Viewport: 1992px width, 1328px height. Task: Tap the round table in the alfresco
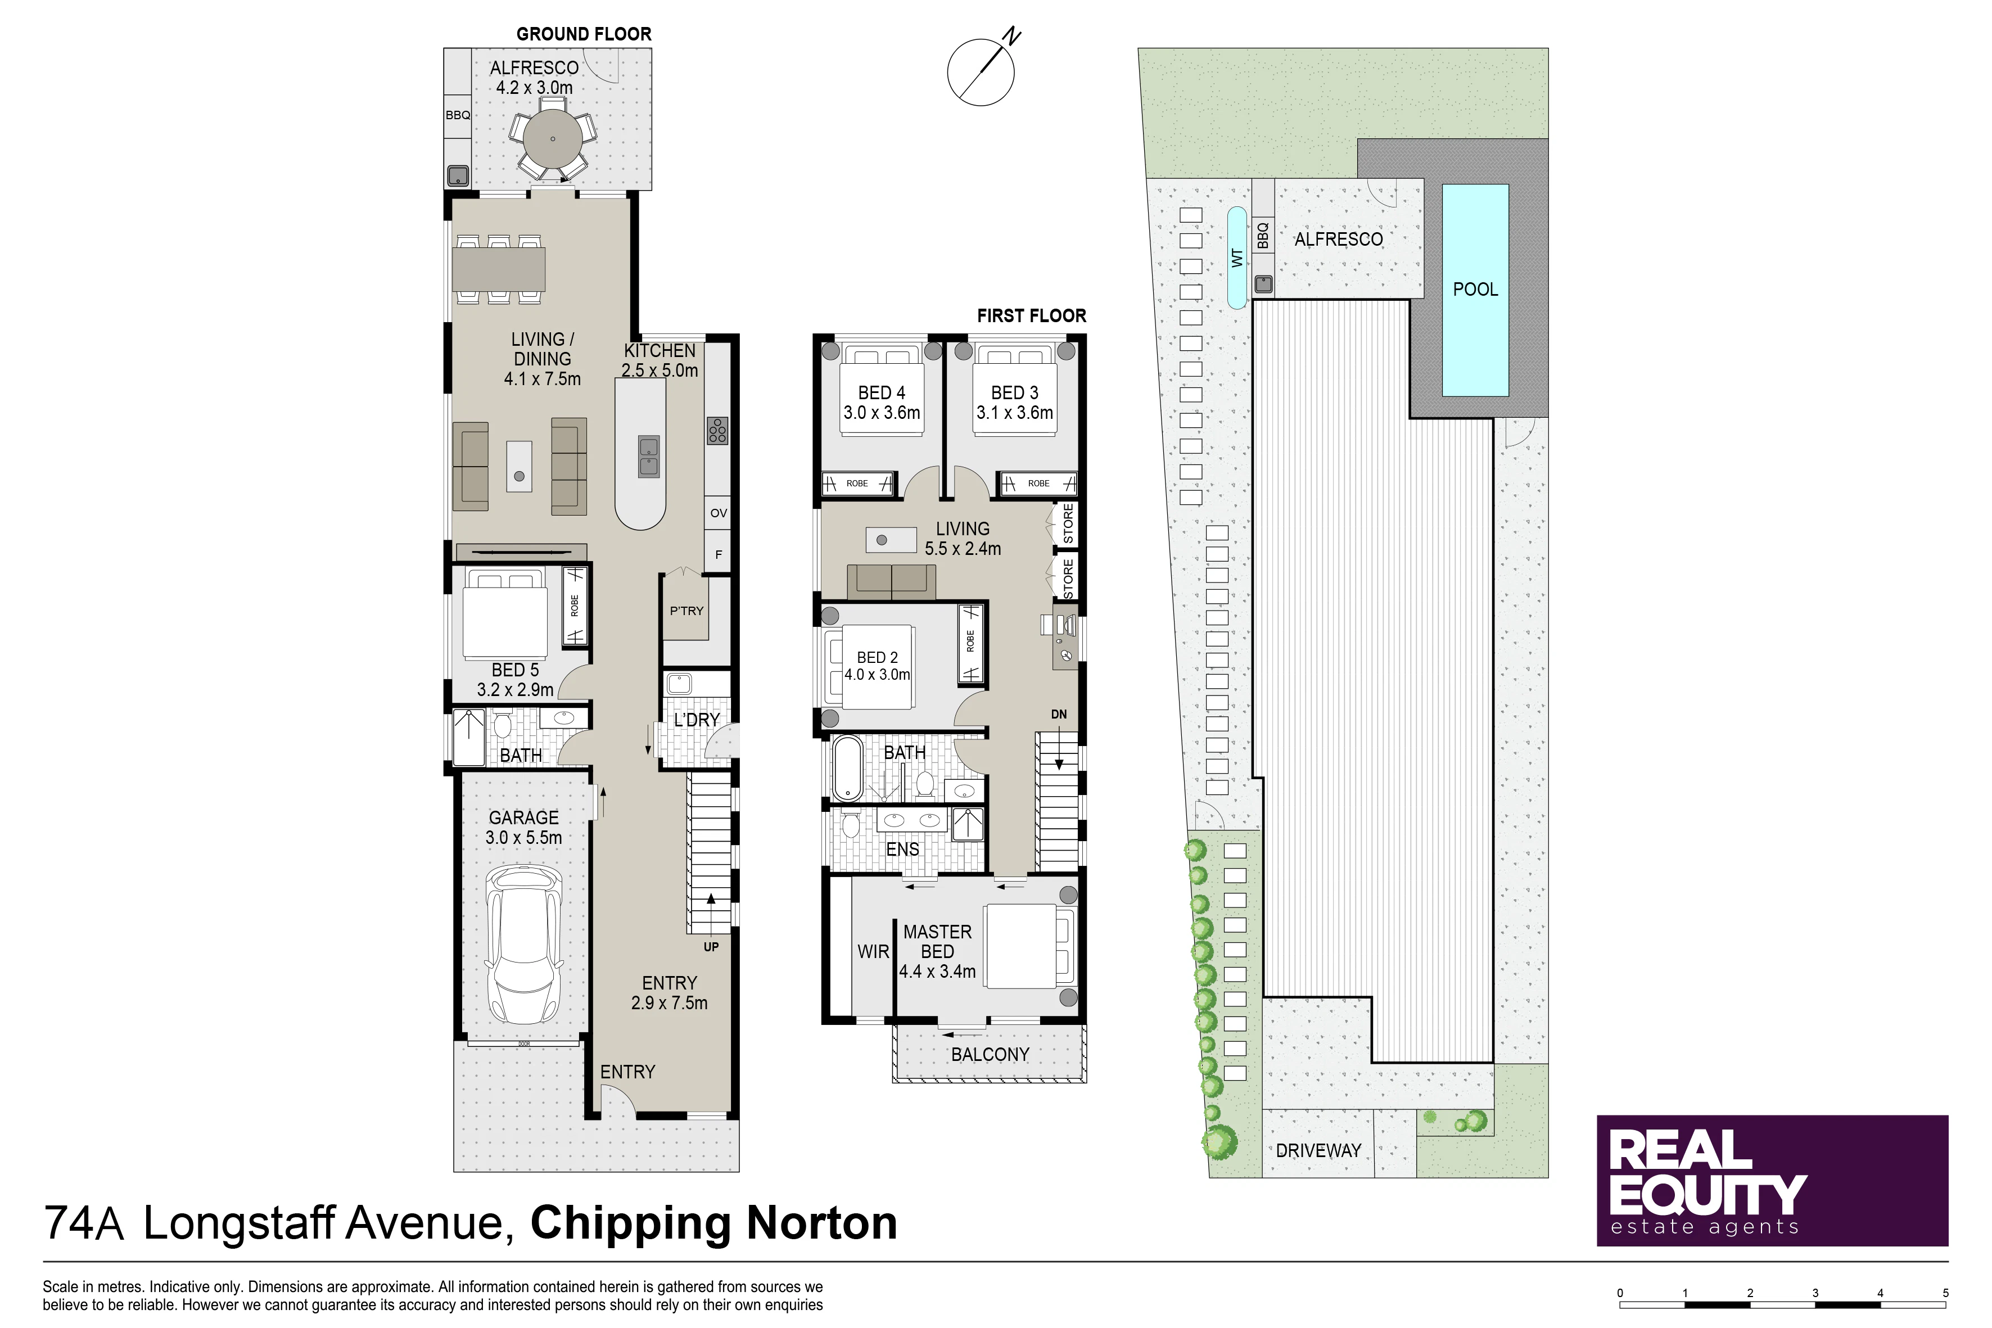552,139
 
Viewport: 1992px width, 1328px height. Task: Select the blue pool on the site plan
1475,290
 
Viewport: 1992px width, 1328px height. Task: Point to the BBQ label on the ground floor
457,115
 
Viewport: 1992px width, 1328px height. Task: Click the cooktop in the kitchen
717,431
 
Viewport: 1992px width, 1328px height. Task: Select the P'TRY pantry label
687,611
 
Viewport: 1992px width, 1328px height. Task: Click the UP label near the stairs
711,947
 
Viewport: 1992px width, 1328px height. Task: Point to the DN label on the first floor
1059,714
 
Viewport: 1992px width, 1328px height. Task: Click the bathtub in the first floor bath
847,768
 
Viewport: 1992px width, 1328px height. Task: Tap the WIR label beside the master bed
873,952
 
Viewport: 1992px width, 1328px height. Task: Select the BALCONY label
990,1054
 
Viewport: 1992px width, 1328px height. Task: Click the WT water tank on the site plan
1237,258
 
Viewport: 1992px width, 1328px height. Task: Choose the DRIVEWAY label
1318,1151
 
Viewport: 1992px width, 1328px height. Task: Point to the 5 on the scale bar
1945,1293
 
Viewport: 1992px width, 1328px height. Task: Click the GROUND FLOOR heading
584,34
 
